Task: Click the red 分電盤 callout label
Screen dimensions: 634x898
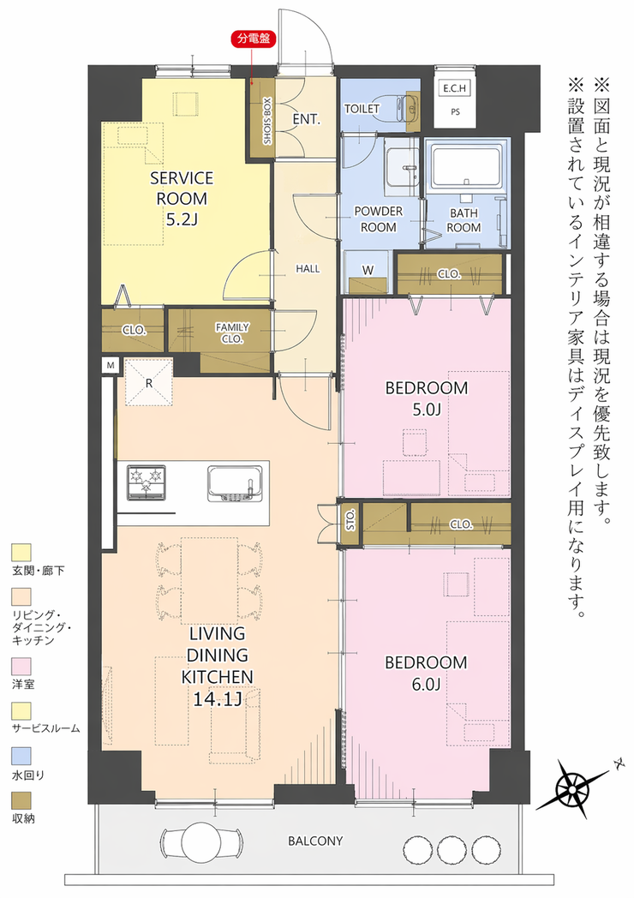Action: click(x=253, y=39)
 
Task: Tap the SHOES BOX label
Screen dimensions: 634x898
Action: click(x=267, y=121)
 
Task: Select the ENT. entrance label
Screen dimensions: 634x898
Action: click(x=306, y=119)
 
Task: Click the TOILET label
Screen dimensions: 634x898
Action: click(x=362, y=108)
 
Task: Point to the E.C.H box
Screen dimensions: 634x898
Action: click(x=455, y=89)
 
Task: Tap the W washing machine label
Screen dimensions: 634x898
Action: click(x=368, y=270)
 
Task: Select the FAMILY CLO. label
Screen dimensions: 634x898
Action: click(x=232, y=332)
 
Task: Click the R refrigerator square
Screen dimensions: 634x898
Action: click(x=148, y=382)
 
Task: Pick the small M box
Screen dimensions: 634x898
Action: click(x=111, y=365)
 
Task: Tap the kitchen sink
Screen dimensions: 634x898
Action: click(x=236, y=482)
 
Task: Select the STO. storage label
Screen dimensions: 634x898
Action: click(x=350, y=519)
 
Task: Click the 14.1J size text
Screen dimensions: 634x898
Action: click(x=217, y=699)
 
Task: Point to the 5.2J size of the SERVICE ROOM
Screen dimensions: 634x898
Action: click(x=182, y=219)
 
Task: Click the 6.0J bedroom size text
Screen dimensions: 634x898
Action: click(x=426, y=684)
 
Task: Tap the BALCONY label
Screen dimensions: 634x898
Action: click(x=315, y=841)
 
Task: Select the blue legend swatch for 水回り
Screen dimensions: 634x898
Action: click(x=21, y=756)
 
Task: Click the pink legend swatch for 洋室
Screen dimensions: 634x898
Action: click(x=21, y=666)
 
